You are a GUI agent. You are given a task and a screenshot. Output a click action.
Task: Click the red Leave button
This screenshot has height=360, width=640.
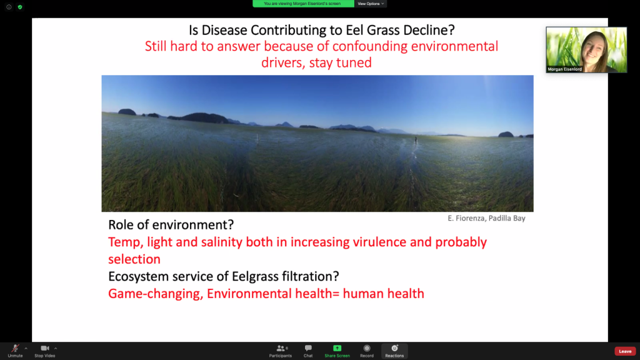tap(625, 351)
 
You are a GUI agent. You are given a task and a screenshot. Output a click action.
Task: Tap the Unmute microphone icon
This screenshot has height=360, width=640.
tap(15, 348)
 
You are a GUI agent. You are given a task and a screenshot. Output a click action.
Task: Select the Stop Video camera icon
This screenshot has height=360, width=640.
tap(45, 348)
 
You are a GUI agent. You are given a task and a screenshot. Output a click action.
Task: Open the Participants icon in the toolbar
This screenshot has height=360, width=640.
tap(281, 348)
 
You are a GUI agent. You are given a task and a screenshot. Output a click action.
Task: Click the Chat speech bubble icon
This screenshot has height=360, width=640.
tap(308, 348)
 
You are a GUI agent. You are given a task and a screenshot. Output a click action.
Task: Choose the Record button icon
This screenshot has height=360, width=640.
tap(366, 348)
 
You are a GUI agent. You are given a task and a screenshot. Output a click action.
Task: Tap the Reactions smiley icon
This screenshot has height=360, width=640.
tap(394, 348)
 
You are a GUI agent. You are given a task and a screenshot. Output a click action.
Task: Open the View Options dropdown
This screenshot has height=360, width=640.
tap(371, 4)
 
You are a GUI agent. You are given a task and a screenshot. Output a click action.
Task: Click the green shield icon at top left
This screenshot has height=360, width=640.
tap(20, 7)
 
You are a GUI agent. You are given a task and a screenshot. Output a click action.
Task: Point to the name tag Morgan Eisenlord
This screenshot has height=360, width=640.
tap(564, 69)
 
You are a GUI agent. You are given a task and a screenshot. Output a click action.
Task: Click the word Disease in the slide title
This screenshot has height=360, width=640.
tap(224, 30)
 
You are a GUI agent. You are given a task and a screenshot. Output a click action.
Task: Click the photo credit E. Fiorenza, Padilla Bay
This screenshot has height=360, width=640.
tap(486, 218)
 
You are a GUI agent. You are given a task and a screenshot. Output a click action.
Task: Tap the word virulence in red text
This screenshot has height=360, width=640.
tap(379, 242)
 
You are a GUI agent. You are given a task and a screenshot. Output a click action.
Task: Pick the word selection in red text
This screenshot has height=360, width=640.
tap(134, 259)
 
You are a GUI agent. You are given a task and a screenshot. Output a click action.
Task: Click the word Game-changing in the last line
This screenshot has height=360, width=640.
tap(156, 294)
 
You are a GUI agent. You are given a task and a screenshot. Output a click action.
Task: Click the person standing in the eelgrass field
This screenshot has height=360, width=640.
tap(416, 140)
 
